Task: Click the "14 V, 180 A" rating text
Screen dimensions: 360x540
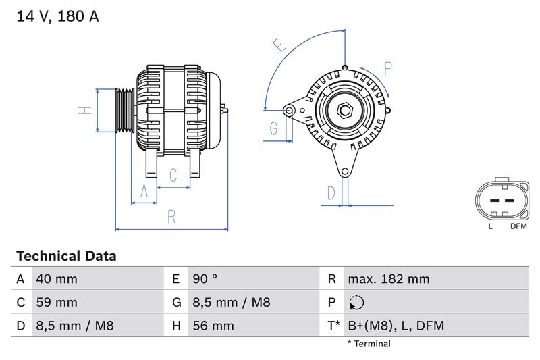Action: [x=57, y=17]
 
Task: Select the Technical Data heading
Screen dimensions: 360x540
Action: [x=66, y=256]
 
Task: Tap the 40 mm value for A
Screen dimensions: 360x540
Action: [x=56, y=279]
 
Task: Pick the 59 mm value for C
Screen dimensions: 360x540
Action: [x=56, y=302]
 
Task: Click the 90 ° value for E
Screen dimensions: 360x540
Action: [x=205, y=279]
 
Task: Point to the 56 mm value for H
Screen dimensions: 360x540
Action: [x=213, y=326]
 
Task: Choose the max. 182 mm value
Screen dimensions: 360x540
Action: [x=388, y=279]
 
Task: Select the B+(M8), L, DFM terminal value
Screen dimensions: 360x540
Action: [x=396, y=326]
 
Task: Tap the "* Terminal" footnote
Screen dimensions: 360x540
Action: [x=369, y=344]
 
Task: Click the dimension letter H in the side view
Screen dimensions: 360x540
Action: [x=84, y=110]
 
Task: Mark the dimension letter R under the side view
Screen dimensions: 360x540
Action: [x=171, y=217]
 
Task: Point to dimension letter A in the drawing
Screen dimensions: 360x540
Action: [x=143, y=191]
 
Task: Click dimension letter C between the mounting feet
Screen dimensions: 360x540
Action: [x=173, y=176]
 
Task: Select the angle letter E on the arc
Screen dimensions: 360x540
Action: [x=279, y=45]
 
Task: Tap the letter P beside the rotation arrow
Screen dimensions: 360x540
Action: [x=388, y=68]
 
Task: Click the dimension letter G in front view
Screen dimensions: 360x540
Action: [x=274, y=128]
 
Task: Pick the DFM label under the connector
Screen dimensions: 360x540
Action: [x=518, y=226]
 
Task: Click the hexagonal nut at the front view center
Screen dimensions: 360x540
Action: [x=344, y=109]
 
